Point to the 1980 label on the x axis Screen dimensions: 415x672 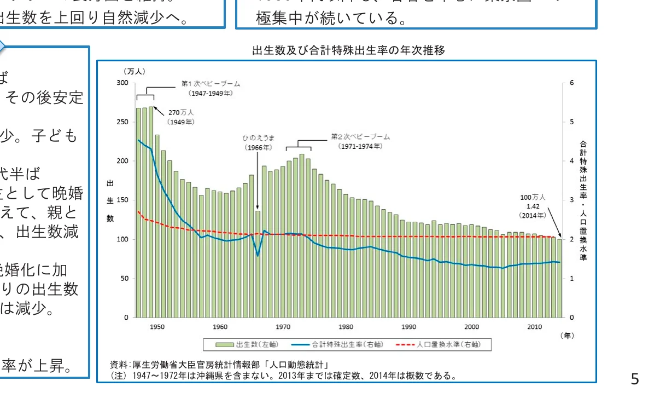pos(346,327)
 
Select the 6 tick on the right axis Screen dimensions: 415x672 pos(572,83)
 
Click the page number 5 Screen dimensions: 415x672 pos(634,379)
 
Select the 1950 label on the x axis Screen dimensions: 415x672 pos(157,327)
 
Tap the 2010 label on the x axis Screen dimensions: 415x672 pos(534,327)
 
